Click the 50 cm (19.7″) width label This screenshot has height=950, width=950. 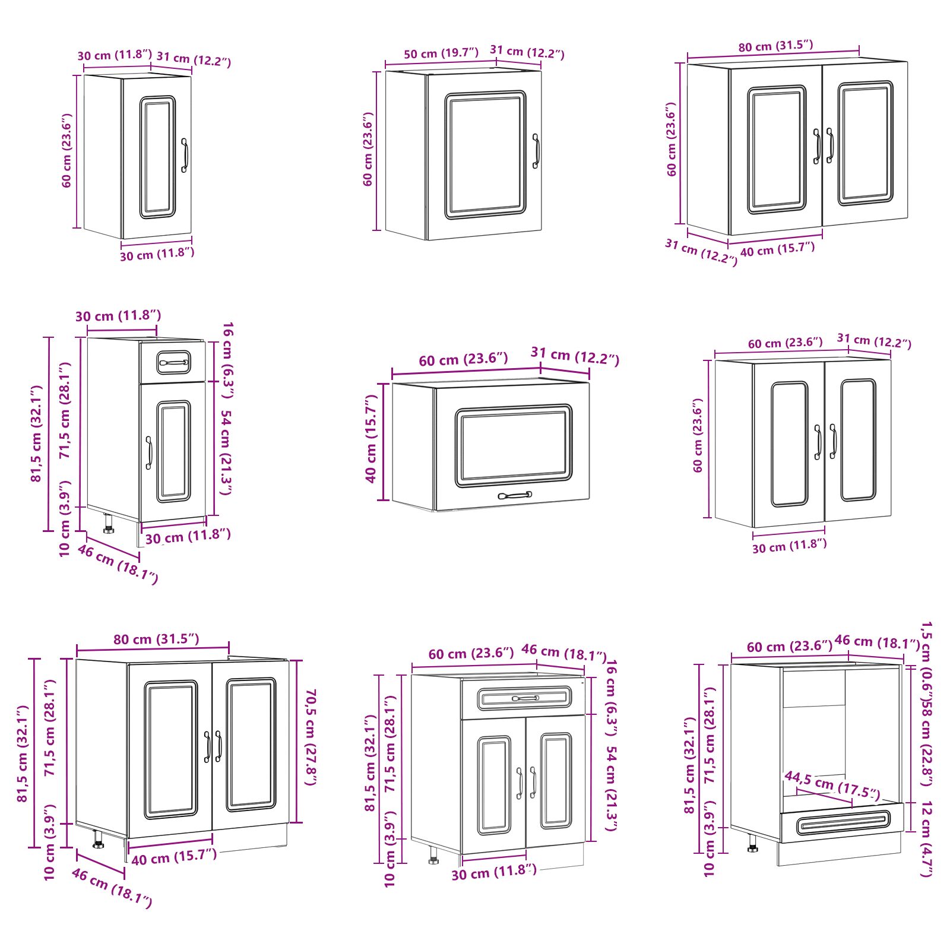coord(441,53)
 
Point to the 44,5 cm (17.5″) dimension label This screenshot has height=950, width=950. coord(832,784)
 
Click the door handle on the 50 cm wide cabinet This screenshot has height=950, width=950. coord(536,151)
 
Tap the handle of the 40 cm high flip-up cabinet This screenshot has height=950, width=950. coord(515,495)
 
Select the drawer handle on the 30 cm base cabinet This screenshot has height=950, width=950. coord(174,362)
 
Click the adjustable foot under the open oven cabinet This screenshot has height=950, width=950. coord(752,844)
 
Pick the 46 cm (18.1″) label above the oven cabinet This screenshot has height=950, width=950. coord(877,642)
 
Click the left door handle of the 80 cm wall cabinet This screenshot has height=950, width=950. coord(817,145)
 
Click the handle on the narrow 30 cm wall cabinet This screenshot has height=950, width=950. coord(185,156)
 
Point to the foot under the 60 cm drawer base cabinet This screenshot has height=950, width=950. coord(433,856)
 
